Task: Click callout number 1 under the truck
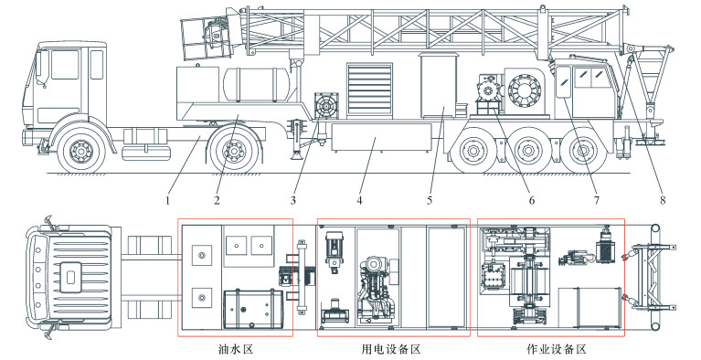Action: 167,200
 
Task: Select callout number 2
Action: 217,200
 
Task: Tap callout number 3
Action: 293,200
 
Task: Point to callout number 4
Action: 359,200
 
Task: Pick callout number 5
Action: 430,200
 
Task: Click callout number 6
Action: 532,200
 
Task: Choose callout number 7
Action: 597,200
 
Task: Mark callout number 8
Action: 663,200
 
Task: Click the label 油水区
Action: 235,349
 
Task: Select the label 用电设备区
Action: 391,349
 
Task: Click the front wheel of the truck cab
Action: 82,151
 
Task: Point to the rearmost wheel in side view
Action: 583,151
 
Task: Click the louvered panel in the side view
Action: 370,90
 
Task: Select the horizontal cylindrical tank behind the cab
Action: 257,85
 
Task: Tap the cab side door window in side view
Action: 65,65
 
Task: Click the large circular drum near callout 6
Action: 525,91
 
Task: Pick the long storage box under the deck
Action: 381,139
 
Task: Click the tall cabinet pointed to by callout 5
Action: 438,85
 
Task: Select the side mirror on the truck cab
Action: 44,68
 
